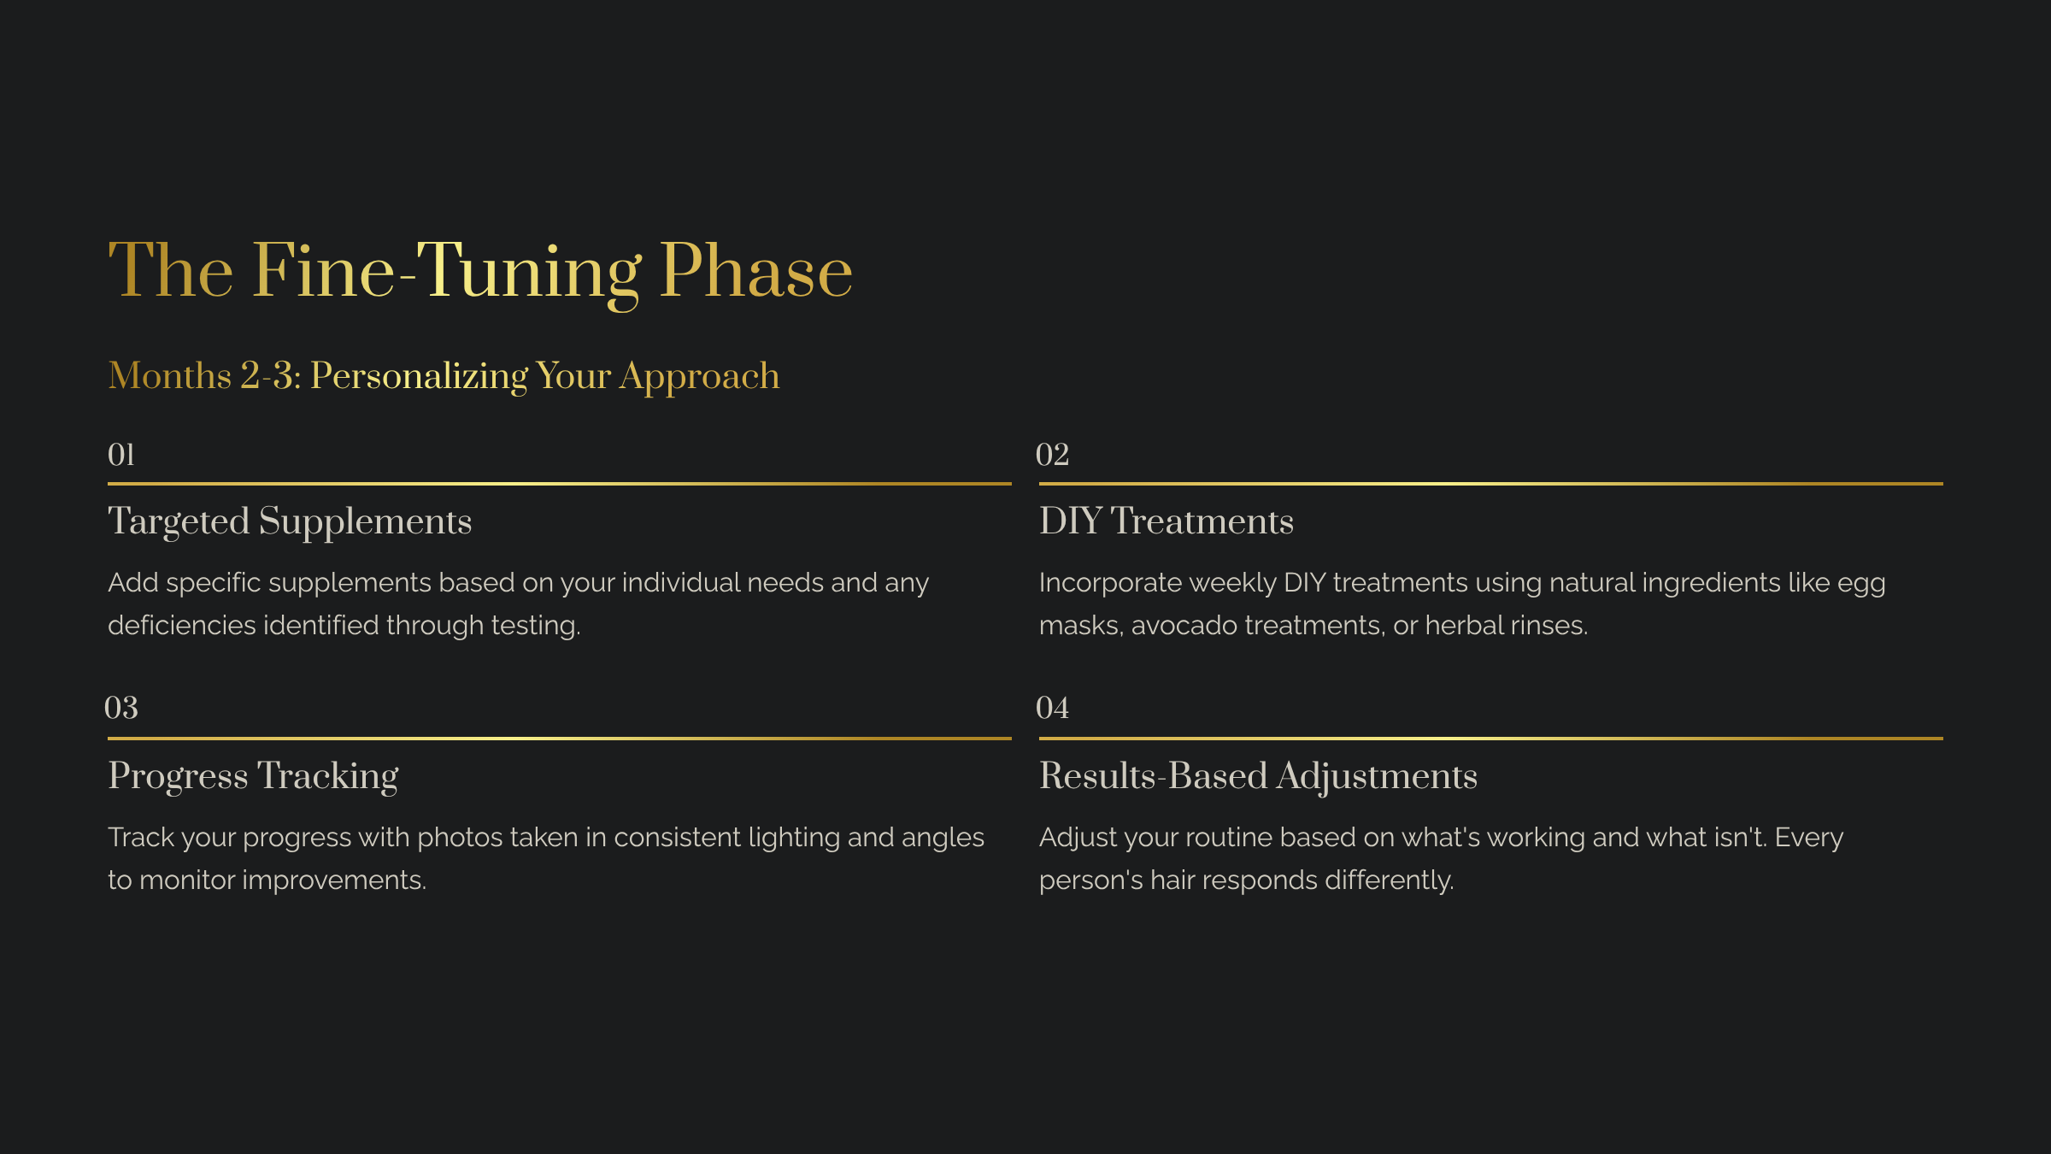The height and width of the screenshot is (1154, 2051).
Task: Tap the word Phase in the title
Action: point(755,272)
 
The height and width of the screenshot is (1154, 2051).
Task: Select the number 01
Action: point(121,455)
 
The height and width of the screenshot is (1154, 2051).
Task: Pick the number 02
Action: point(1052,455)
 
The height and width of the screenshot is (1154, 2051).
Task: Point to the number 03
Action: point(121,708)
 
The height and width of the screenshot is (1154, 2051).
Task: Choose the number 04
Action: point(1052,708)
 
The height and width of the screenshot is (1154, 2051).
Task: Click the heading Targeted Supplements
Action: point(290,521)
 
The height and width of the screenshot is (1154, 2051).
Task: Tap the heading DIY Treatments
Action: point(1166,521)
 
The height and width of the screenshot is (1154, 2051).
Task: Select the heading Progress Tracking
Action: point(253,776)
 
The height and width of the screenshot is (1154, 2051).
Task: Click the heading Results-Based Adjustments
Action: point(1258,776)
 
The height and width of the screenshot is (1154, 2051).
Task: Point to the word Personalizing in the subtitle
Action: point(419,376)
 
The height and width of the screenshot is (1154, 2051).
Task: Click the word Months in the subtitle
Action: point(169,376)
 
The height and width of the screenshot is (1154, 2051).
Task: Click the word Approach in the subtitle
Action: point(699,376)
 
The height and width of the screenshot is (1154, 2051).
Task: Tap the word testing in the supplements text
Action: point(535,626)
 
